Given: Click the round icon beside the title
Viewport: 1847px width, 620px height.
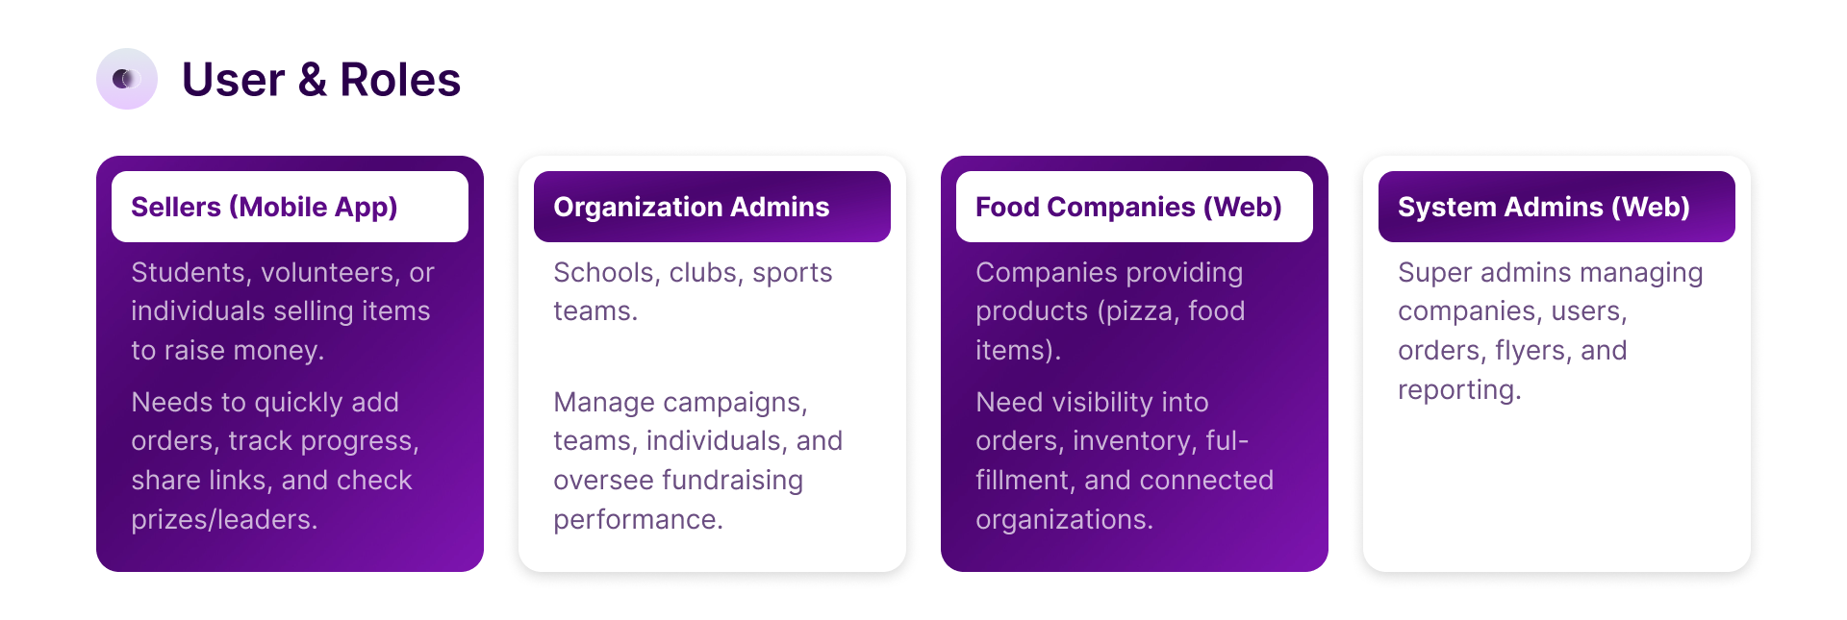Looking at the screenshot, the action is pos(127,79).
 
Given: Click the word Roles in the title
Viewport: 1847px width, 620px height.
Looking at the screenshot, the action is pos(400,80).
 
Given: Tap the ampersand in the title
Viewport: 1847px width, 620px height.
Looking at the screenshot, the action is pos(312,80).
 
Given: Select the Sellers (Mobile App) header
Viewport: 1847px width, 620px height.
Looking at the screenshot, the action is pos(290,207).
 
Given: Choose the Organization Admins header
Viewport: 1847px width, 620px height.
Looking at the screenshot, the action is pos(712,207).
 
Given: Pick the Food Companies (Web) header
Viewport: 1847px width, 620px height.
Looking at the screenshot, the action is pos(1134,207).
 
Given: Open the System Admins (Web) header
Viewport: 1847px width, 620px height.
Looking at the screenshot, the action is pos(1556,207).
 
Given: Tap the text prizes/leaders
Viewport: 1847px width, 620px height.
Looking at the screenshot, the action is pos(224,520).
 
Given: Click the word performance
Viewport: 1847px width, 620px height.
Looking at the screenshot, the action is pos(638,520).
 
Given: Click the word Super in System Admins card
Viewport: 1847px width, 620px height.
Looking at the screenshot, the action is pos(1435,273).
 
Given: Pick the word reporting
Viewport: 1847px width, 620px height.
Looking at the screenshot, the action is pos(1459,390).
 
